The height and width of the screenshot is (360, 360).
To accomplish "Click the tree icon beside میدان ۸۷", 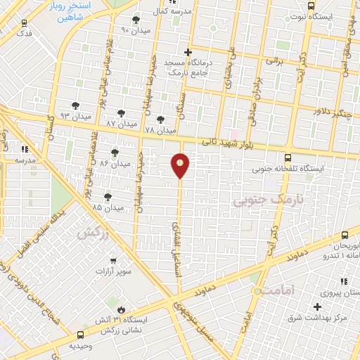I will (x=122, y=112).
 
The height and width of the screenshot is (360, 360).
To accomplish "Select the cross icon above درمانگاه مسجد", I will (x=188, y=52).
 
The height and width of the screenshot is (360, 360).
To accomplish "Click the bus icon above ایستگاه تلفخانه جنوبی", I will (x=287, y=157).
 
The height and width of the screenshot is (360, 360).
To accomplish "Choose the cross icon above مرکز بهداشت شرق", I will (x=318, y=307).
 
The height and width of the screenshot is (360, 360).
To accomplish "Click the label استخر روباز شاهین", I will (x=78, y=12).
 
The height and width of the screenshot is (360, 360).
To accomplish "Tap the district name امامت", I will (x=276, y=290).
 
